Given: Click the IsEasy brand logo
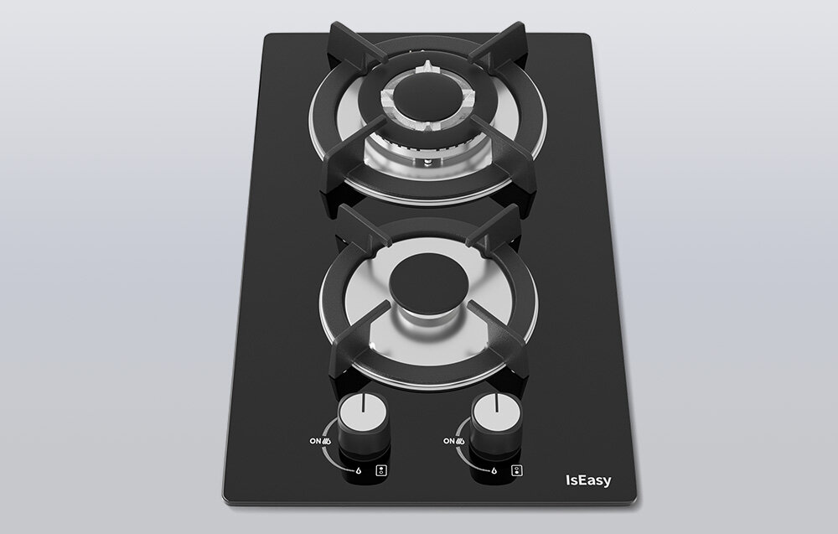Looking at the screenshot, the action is point(588,480).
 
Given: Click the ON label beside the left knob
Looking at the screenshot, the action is point(315,442).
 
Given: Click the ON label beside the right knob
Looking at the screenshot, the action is point(449,441).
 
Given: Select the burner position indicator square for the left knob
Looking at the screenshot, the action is point(381,470).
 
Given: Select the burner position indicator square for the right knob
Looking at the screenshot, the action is point(516,470).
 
